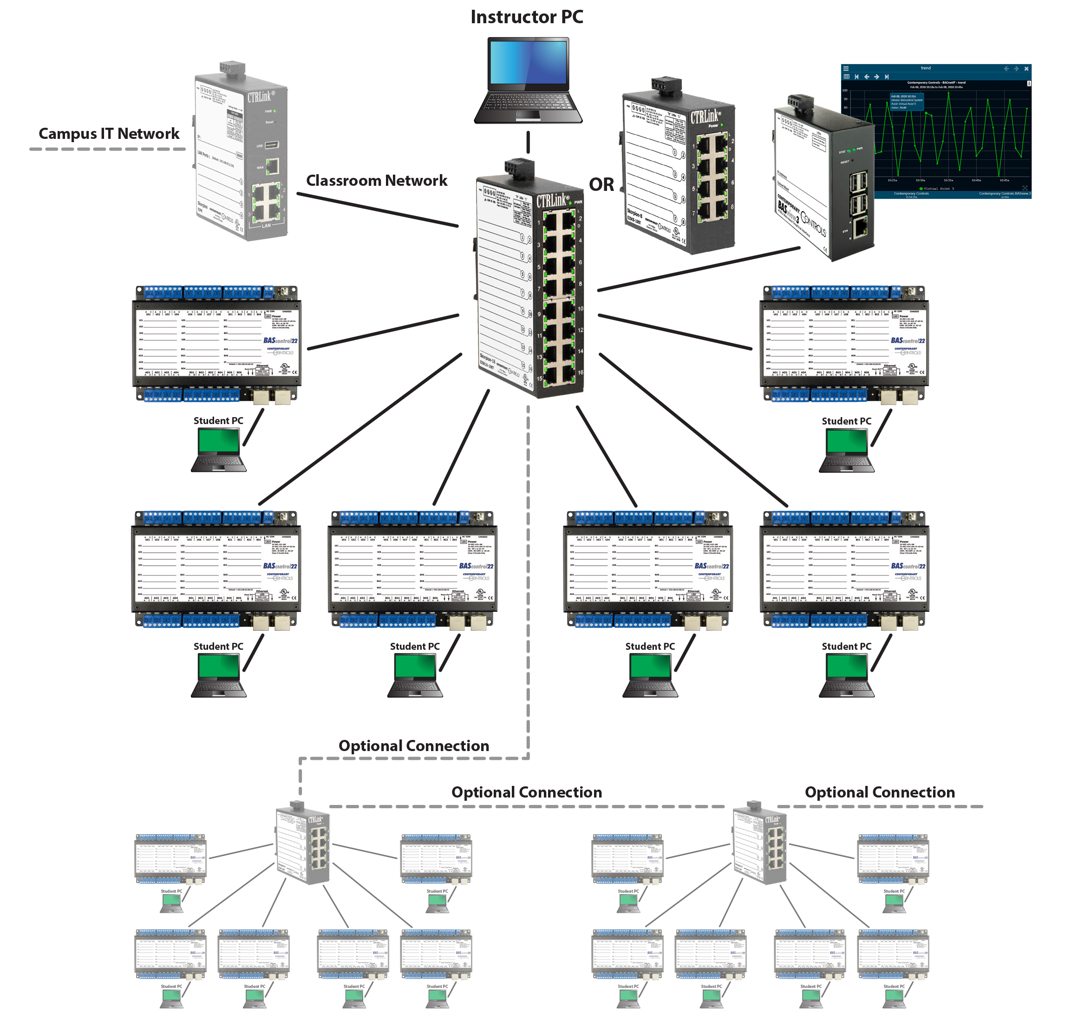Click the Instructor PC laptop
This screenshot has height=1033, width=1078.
tap(528, 80)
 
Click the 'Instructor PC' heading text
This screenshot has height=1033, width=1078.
tap(526, 17)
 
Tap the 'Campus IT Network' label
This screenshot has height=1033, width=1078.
tap(109, 134)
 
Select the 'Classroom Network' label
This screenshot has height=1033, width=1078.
tap(377, 180)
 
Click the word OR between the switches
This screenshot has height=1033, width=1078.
tap(601, 185)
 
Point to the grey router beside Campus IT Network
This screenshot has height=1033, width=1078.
tap(242, 154)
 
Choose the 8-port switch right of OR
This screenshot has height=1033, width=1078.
tap(679, 170)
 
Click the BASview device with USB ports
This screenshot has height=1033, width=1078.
tap(825, 182)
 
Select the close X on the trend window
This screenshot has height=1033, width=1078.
tap(1026, 69)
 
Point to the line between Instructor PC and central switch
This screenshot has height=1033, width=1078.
tap(528, 142)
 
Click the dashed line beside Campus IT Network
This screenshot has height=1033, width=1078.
tap(107, 149)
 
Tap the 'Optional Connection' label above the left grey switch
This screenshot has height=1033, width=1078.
tap(414, 745)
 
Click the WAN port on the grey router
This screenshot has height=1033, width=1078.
tap(272, 166)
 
